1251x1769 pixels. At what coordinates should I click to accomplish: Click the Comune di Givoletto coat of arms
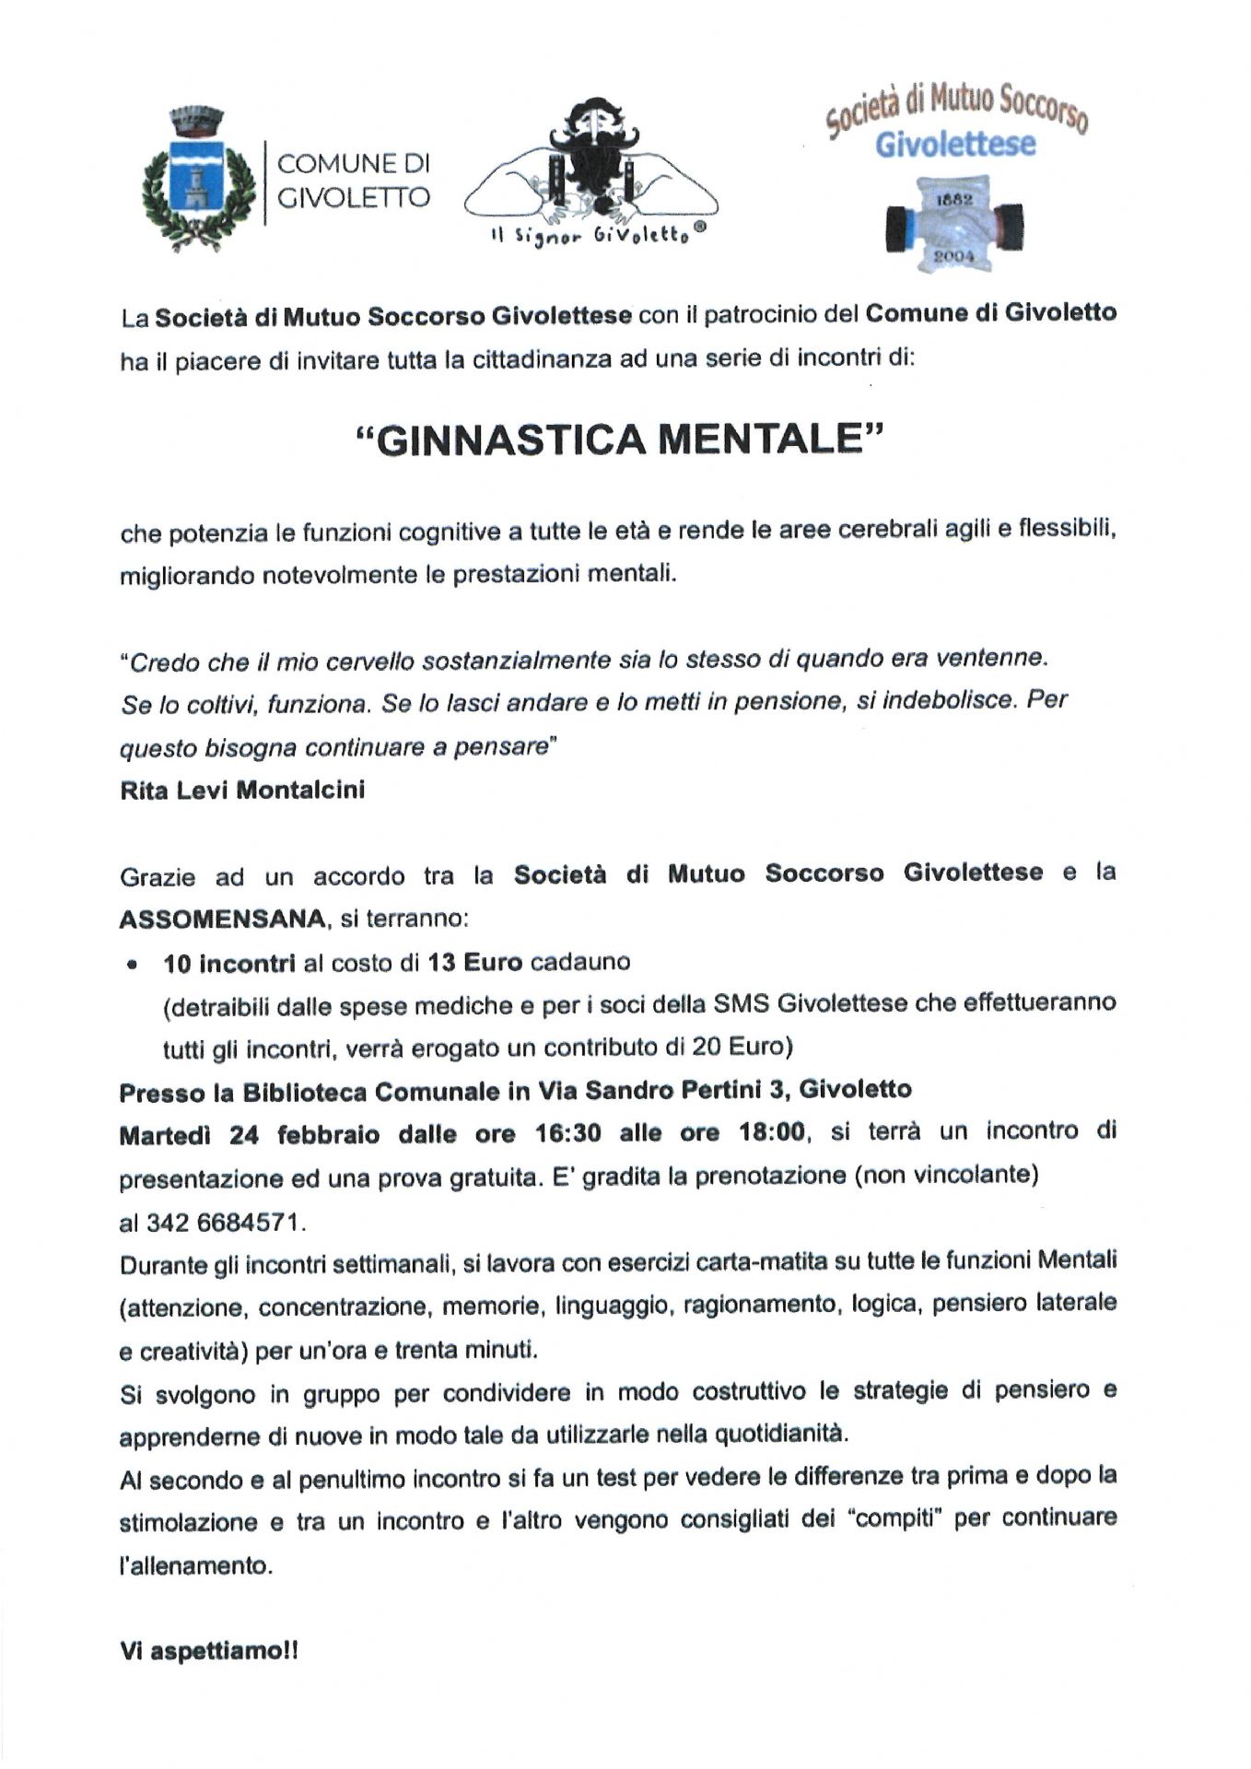(x=196, y=182)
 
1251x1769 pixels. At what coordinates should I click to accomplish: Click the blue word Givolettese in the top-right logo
(x=954, y=145)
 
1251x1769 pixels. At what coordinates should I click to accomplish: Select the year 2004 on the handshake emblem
(x=953, y=257)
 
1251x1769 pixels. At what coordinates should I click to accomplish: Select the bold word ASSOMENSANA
(x=222, y=919)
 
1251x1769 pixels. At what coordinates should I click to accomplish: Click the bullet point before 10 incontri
(x=134, y=965)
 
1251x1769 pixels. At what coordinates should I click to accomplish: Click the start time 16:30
(x=567, y=1133)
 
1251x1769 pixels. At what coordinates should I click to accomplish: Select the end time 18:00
(x=772, y=1131)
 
